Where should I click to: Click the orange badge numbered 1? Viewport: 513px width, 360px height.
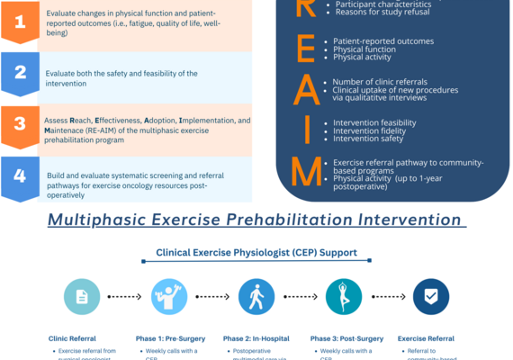[20, 22]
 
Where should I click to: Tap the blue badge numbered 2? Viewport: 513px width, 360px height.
[20, 73]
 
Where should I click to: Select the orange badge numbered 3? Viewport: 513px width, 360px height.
[20, 125]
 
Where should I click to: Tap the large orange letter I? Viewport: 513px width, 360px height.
[307, 129]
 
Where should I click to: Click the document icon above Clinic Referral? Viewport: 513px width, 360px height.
[82, 296]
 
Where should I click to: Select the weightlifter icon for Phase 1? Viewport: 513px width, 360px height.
[169, 296]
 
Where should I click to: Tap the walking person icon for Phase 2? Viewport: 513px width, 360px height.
[256, 296]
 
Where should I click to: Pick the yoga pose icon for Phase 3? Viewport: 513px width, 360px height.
[343, 296]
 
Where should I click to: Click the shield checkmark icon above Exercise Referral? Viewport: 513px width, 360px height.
[430, 296]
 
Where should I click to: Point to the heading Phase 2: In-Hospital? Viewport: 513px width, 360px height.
[256, 338]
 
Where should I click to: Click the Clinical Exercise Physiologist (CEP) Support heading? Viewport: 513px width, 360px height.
[256, 253]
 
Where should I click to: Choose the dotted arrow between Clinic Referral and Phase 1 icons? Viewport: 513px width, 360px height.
[125, 296]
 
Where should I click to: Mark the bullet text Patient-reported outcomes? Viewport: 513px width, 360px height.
[383, 41]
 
